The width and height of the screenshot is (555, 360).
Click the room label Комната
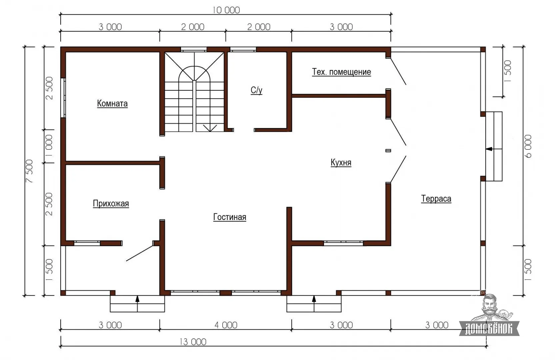click(112, 104)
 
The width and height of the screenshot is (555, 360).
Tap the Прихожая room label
click(111, 204)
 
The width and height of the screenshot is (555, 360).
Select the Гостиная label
click(230, 217)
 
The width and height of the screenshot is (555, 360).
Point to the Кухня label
click(341, 163)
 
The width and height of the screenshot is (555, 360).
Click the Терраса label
click(436, 199)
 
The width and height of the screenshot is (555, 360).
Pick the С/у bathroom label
click(256, 90)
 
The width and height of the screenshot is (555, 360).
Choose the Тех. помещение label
click(341, 72)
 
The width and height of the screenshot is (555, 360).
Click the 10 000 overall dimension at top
click(226, 10)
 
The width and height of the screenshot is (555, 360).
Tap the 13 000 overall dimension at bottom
click(193, 342)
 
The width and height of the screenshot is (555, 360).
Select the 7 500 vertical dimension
click(29, 171)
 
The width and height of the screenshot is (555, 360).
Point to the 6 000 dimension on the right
click(528, 146)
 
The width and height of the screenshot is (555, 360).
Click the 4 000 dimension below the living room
click(226, 325)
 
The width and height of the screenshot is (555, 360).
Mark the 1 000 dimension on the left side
click(49, 146)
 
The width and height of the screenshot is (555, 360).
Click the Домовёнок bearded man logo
click(489, 315)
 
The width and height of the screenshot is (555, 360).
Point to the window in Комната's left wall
click(63, 98)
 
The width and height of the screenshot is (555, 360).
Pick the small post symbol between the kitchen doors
click(388, 151)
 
